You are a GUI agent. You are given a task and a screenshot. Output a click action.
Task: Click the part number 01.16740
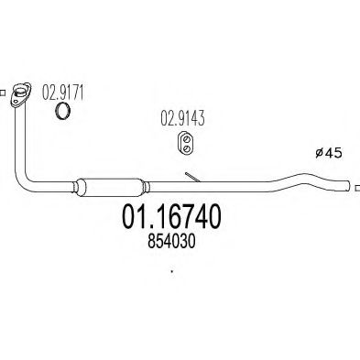click(171, 217)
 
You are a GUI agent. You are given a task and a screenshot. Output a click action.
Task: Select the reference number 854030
click(171, 242)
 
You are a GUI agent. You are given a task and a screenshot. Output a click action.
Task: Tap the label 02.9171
click(62, 93)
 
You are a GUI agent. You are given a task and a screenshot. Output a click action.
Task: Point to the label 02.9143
click(182, 118)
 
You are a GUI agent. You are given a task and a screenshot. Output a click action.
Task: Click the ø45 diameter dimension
click(329, 153)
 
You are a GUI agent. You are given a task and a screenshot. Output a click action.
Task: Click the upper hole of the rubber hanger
click(187, 139)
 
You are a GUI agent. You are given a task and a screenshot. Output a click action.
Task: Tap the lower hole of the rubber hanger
click(187, 148)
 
